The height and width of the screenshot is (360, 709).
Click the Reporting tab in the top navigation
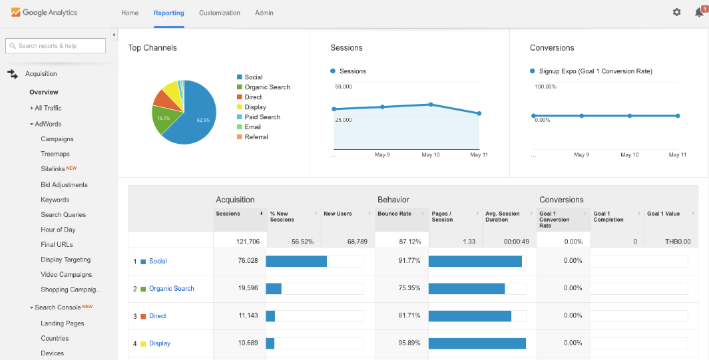168,13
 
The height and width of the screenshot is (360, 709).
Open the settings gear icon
676,12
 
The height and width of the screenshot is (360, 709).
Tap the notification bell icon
698,12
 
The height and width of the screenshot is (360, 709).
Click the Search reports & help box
56,46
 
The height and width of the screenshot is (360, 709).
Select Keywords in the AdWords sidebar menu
55,200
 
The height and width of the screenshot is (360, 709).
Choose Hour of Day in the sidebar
58,230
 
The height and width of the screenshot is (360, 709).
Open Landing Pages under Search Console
62,323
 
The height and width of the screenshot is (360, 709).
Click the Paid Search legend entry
262,117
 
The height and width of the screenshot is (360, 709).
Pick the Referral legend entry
256,137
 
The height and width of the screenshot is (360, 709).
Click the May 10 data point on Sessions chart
431,104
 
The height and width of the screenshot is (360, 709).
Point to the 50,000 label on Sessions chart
344,87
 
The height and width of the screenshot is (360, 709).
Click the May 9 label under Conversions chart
581,154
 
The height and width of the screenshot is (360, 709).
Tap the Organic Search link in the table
171,289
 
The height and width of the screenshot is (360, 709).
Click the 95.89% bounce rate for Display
409,343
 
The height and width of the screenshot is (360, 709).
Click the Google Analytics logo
44,13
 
